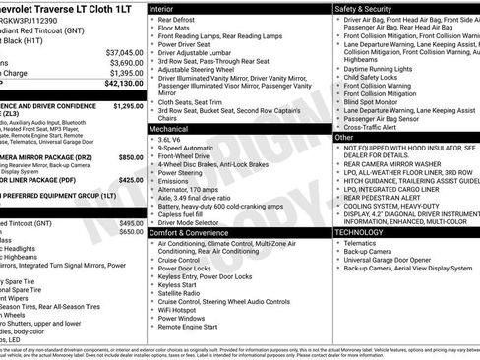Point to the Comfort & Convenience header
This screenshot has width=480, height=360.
[193, 232]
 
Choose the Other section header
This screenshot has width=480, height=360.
[344, 138]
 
